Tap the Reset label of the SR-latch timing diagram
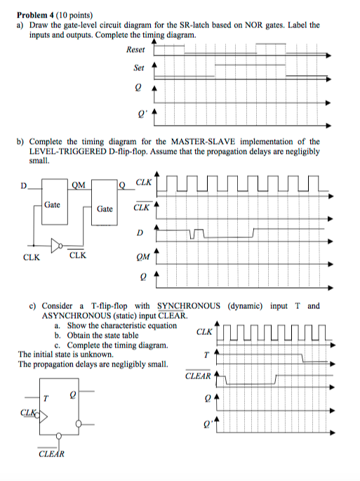point(135,49)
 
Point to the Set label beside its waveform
point(138,68)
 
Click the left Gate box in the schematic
point(52,206)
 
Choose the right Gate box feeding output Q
point(105,209)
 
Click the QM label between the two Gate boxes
point(79,185)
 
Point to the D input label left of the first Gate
point(23,187)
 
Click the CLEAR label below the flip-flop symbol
point(51,454)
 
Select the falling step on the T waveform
point(302,355)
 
